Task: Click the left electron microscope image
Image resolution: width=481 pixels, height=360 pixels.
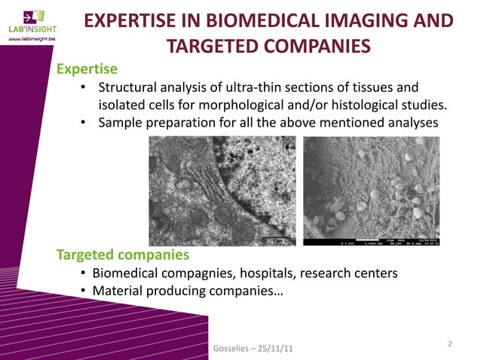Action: tap(224, 194)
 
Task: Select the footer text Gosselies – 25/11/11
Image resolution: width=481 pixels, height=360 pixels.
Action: tap(250, 349)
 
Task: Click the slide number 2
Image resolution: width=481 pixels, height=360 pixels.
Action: tap(449, 343)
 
